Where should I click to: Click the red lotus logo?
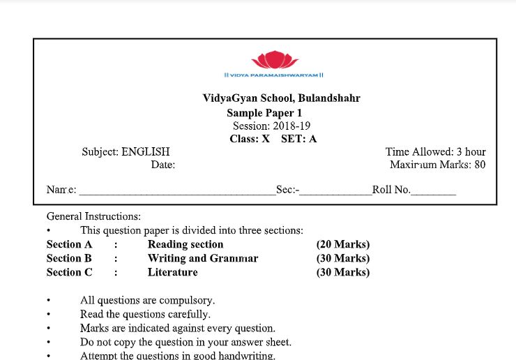[273, 59]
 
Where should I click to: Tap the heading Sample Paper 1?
[264, 113]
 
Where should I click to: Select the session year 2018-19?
[291, 126]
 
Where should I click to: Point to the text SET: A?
[298, 139]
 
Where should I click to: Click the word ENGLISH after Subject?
[146, 151]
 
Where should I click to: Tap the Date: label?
[162, 165]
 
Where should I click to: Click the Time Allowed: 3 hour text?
[435, 151]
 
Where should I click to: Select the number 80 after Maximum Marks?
[480, 165]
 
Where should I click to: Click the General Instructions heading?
[93, 216]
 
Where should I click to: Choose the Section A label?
[69, 244]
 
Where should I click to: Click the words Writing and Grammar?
[202, 258]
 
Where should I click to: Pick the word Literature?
[172, 272]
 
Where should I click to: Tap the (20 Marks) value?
[342, 244]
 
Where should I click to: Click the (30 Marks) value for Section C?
[342, 272]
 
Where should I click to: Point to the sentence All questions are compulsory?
[147, 301]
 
